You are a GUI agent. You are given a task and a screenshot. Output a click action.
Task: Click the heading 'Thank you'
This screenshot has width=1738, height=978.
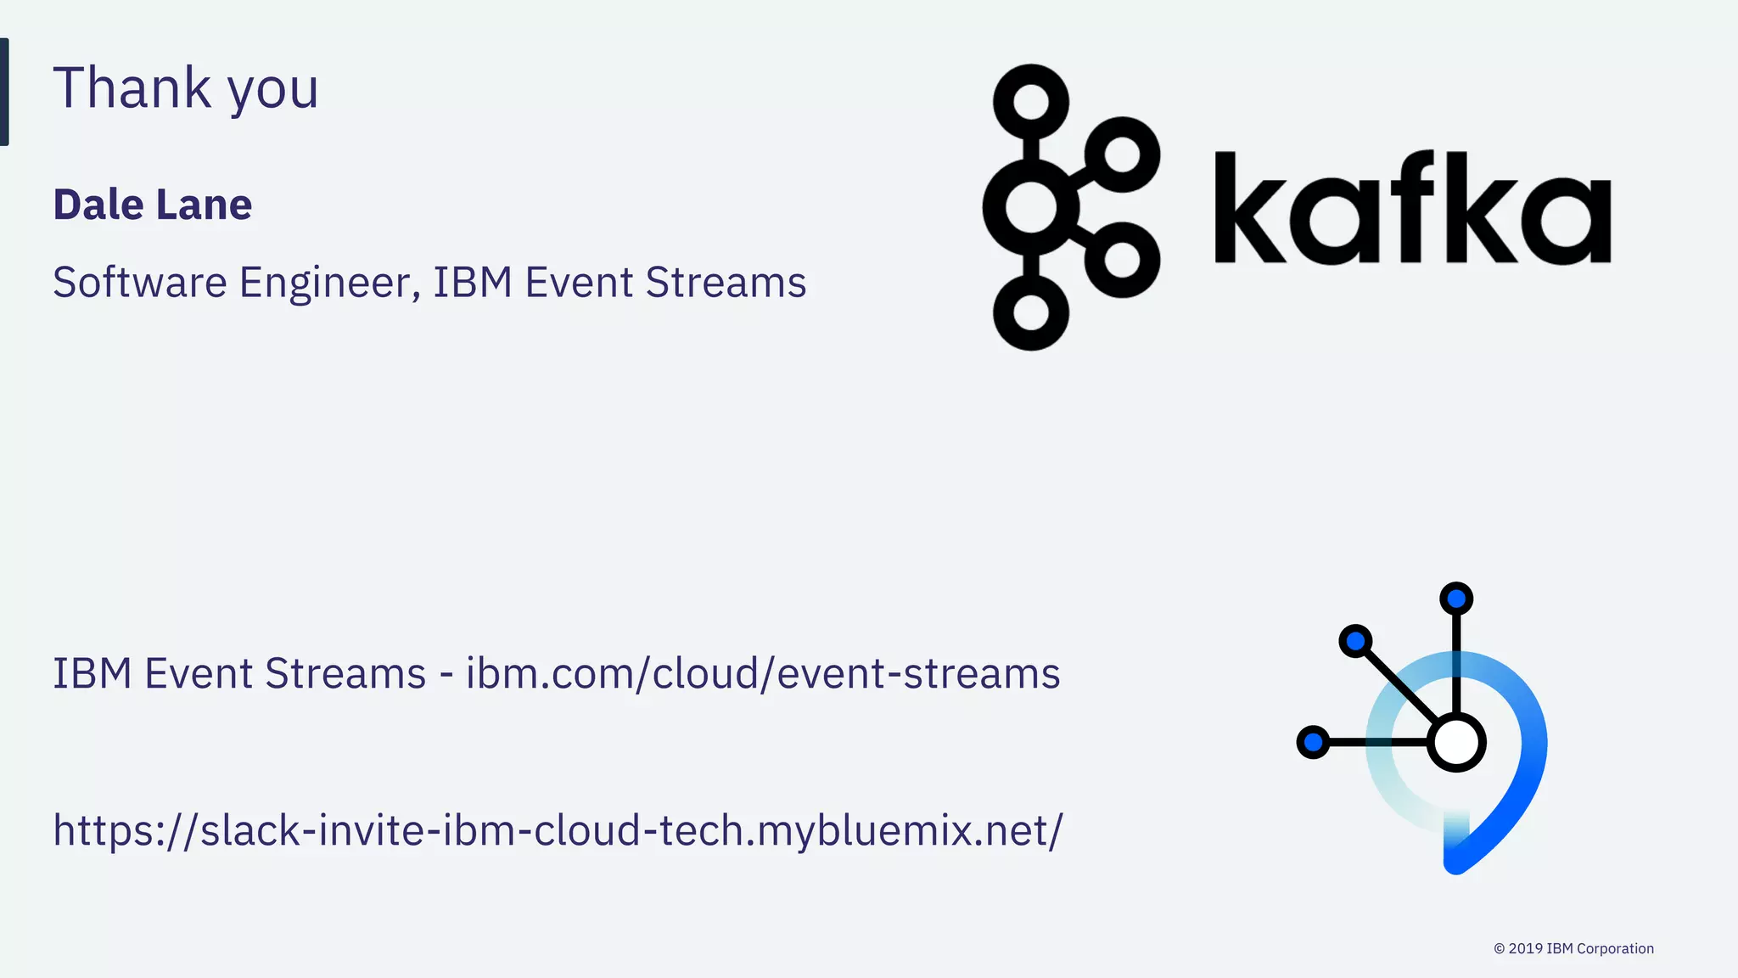coord(185,88)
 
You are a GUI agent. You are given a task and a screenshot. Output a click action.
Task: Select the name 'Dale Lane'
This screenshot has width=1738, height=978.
coord(153,205)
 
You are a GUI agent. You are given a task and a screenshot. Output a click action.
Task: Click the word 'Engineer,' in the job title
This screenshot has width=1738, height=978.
coord(330,283)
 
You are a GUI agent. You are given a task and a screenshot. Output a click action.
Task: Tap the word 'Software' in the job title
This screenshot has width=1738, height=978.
coord(139,283)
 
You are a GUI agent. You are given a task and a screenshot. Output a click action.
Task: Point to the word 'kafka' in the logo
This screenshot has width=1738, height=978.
coord(1412,208)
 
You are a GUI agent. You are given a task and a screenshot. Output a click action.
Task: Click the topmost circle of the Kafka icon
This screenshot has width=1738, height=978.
coord(1031,102)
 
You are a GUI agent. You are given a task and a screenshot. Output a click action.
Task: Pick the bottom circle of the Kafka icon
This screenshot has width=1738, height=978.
coord(1031,312)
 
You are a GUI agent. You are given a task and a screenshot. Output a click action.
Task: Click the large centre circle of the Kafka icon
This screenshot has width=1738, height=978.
coord(1031,206)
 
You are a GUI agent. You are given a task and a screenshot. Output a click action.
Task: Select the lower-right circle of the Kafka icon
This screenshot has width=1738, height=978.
coord(1123,260)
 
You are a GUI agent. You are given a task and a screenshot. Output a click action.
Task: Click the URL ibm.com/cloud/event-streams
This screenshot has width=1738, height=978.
coord(763,674)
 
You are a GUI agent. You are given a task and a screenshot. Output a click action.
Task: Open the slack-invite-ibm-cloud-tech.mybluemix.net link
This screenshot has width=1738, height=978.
coord(558,830)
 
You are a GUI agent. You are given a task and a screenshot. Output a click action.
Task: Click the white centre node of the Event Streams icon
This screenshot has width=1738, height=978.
coord(1456,742)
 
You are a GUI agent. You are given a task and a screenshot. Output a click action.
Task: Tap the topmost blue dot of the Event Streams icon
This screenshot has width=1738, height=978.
coord(1456,599)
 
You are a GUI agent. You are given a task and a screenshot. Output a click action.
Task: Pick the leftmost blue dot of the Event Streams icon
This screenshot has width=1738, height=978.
coord(1313,742)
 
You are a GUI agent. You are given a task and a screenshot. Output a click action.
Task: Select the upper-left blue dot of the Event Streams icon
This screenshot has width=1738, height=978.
coord(1355,640)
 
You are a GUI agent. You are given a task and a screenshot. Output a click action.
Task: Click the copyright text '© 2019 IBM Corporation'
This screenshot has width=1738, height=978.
coord(1573,948)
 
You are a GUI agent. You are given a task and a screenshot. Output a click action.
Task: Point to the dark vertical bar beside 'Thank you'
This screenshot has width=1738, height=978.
coord(4,92)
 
